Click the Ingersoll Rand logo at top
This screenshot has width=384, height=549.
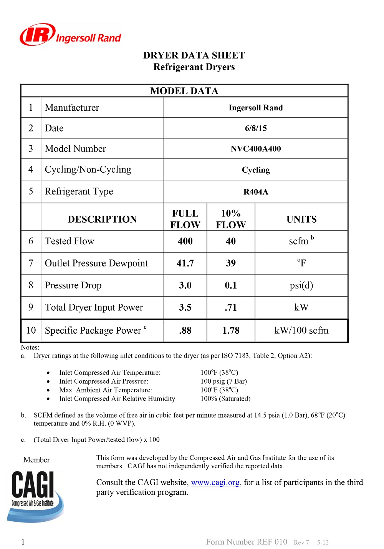(x=70, y=35)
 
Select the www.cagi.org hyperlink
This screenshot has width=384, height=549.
(x=215, y=482)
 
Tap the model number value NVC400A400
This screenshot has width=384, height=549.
(x=256, y=149)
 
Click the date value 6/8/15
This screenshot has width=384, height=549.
(x=256, y=128)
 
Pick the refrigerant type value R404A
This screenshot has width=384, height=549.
(x=256, y=192)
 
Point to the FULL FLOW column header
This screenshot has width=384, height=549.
(x=185, y=219)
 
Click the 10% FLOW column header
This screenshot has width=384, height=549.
(x=231, y=219)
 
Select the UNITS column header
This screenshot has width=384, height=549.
(x=301, y=219)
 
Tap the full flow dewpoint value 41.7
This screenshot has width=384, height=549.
(x=185, y=263)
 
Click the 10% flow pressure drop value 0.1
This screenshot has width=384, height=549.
(x=231, y=285)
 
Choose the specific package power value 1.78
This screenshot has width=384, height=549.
(x=231, y=331)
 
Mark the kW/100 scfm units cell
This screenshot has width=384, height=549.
(x=301, y=331)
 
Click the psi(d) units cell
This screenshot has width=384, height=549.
(x=301, y=285)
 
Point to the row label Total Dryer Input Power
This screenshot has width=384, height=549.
(x=94, y=308)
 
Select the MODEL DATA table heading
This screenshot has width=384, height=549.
(x=184, y=91)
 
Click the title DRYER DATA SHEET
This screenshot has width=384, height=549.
(x=194, y=55)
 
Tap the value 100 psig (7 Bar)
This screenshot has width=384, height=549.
(x=223, y=381)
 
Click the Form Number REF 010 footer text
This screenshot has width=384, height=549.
(x=247, y=542)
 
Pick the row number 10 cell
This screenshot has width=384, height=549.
(x=31, y=331)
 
